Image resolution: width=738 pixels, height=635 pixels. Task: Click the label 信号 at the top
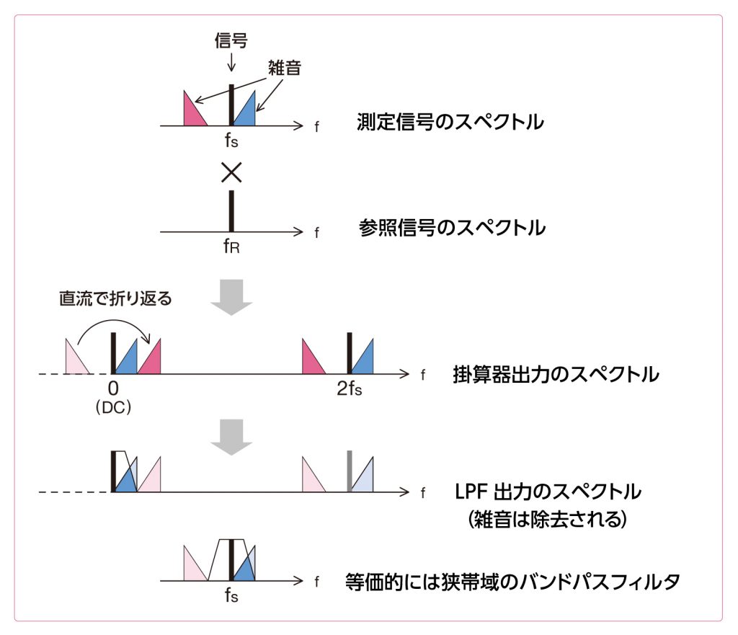[x=231, y=41]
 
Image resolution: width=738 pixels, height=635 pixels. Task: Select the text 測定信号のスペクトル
[x=450, y=123]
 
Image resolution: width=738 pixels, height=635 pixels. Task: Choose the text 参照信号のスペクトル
[x=452, y=228]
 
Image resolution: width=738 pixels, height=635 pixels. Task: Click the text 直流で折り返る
[x=115, y=298]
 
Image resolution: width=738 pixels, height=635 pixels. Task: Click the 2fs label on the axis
[x=350, y=390]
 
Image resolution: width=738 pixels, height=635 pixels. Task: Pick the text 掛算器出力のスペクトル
[x=556, y=375]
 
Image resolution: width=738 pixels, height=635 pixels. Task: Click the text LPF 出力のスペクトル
[x=548, y=492]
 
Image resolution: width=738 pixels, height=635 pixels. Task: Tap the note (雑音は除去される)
[x=547, y=520]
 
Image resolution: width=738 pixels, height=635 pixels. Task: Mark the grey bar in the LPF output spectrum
[x=350, y=472]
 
